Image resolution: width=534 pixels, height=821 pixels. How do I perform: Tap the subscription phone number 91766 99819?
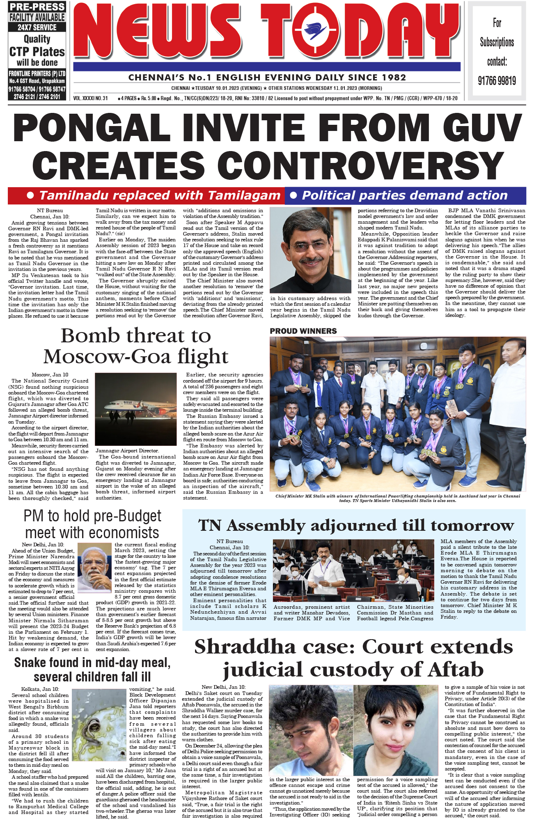(497, 81)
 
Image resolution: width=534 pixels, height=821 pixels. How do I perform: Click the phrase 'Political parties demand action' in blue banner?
(405, 195)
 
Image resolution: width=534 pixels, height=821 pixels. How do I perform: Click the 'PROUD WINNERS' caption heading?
(303, 331)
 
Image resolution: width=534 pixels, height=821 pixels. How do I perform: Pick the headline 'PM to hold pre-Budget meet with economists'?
(92, 524)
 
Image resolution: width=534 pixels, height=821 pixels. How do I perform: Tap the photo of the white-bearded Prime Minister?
(95, 568)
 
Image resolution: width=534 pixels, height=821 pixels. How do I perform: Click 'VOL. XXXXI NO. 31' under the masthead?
(91, 99)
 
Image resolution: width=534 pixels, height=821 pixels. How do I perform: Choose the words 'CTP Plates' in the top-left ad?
(37, 52)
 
